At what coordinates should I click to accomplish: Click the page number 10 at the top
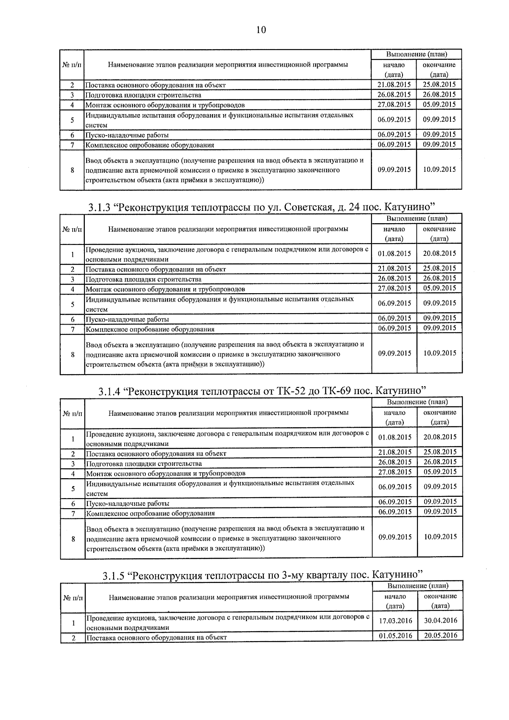pos(261,30)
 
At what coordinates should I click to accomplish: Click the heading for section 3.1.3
pos(262,207)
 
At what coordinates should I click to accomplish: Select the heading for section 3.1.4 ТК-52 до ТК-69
pos(262,391)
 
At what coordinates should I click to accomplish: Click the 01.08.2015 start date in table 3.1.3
pos(394,254)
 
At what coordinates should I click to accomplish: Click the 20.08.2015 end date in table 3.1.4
pos(440,437)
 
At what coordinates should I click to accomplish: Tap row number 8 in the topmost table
pos(73,170)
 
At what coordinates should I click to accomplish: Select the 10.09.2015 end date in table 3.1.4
pos(440,537)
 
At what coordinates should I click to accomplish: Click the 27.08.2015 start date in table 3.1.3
pos(394,288)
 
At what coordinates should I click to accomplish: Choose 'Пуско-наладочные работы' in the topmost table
pos(127,135)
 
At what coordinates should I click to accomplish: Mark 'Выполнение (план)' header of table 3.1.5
pos(418,586)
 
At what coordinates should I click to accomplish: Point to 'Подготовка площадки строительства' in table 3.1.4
pos(144,464)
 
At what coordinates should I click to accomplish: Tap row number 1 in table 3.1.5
pos(73,623)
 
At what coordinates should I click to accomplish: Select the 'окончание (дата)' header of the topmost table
pos(439,70)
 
